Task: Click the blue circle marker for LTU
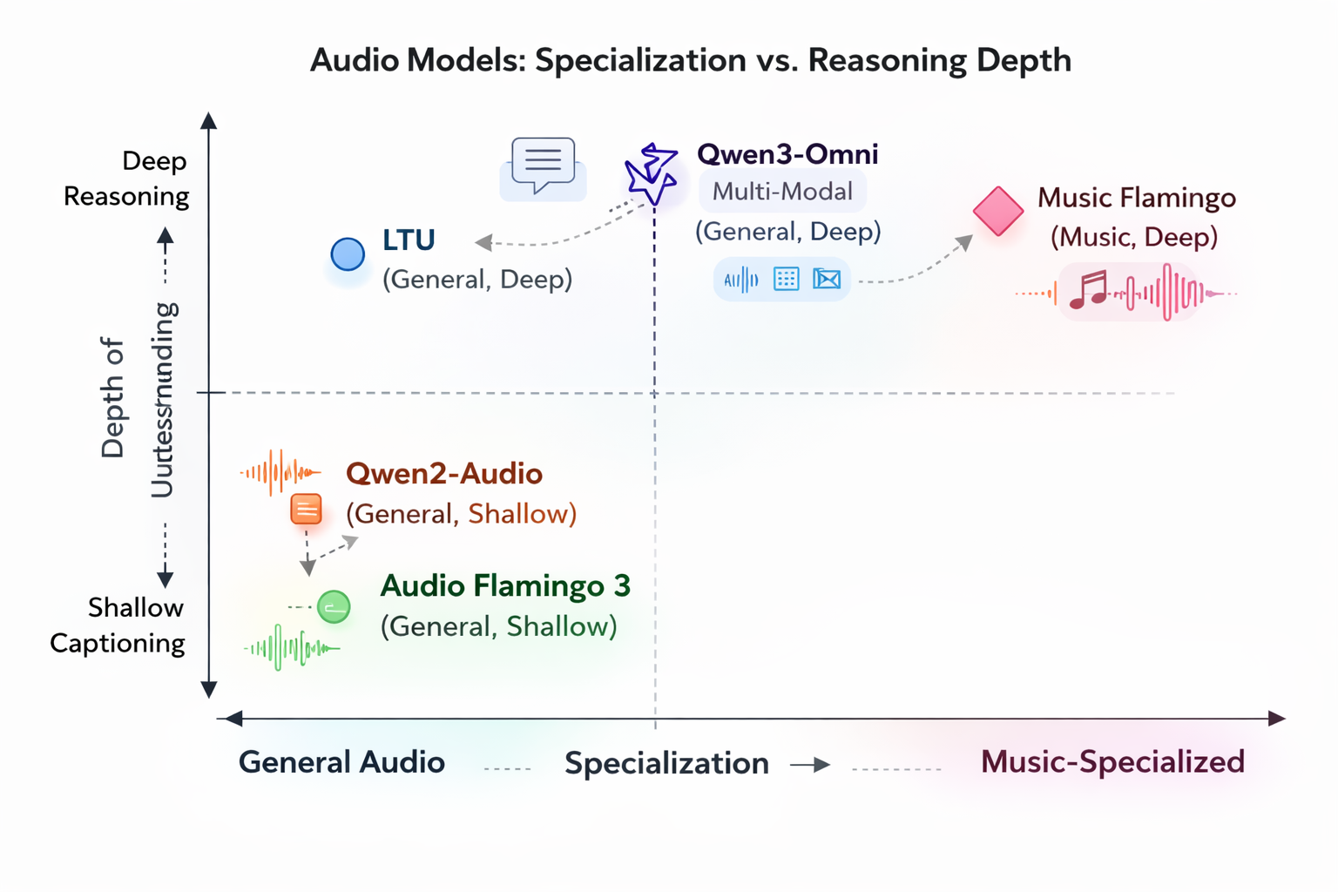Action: pos(348,254)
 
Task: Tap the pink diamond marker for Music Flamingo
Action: pos(997,211)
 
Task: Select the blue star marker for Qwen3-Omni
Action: pos(652,173)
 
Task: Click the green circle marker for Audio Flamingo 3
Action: pos(334,606)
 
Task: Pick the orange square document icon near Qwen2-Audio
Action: pos(306,510)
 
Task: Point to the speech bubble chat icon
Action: pos(543,164)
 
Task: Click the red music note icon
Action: pos(1088,290)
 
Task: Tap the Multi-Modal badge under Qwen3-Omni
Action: pos(782,192)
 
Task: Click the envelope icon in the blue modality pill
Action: pos(826,279)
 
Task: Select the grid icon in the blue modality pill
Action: pos(786,279)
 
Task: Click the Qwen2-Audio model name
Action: pos(444,474)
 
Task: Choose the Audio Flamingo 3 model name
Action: pos(505,586)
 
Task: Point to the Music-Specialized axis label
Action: pos(1112,762)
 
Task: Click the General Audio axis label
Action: pos(341,762)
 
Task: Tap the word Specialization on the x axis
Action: pos(666,763)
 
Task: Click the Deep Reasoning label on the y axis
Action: pos(127,179)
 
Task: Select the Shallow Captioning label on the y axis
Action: pos(118,625)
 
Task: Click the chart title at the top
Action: pos(690,60)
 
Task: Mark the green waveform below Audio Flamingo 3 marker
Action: pos(291,648)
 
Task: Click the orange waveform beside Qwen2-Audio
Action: pos(280,473)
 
